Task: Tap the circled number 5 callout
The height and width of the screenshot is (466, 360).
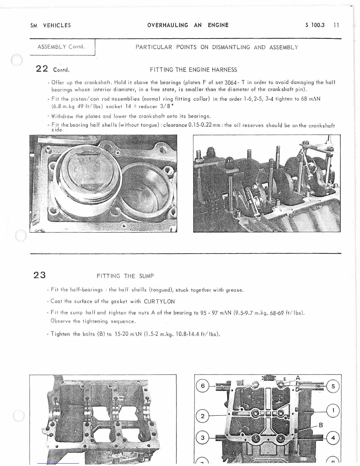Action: coord(333,386)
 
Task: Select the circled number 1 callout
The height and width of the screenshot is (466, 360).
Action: coord(333,410)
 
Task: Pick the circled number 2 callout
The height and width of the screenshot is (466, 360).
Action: coord(202,416)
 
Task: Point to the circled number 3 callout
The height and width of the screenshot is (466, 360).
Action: coord(202,438)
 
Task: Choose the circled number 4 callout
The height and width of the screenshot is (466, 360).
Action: coord(333,438)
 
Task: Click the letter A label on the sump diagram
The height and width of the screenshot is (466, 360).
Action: coord(298,378)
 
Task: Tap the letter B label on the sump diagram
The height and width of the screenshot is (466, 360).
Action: coord(321,425)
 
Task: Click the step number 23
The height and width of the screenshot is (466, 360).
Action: coord(39,275)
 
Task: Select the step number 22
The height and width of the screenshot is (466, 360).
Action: coord(41,69)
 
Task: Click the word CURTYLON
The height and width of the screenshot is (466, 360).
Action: coord(159,302)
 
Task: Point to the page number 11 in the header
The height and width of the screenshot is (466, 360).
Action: coord(336,25)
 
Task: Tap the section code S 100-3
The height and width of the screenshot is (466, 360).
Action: coord(315,25)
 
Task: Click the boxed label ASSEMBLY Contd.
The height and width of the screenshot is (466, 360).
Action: coord(61,47)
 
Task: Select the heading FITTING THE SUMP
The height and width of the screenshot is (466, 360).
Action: coord(125,276)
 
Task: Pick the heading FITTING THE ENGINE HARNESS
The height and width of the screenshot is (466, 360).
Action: coord(194,70)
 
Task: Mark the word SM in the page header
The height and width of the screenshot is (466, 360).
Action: coord(34,25)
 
